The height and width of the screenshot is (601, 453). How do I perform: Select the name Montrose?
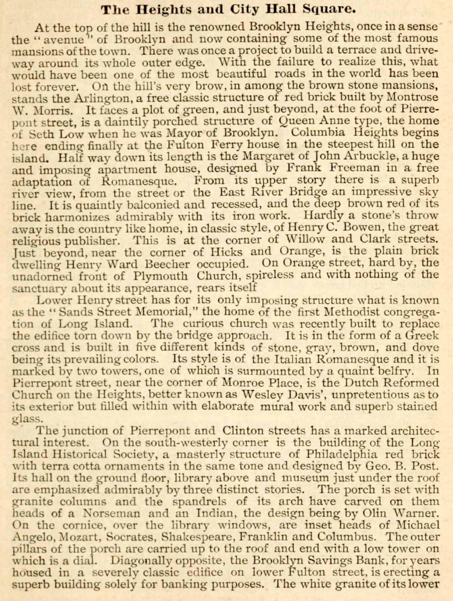pyautogui.click(x=412, y=97)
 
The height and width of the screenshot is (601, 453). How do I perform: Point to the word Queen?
pyautogui.click(x=295, y=121)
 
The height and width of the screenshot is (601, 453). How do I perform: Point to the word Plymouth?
pyautogui.click(x=160, y=276)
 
